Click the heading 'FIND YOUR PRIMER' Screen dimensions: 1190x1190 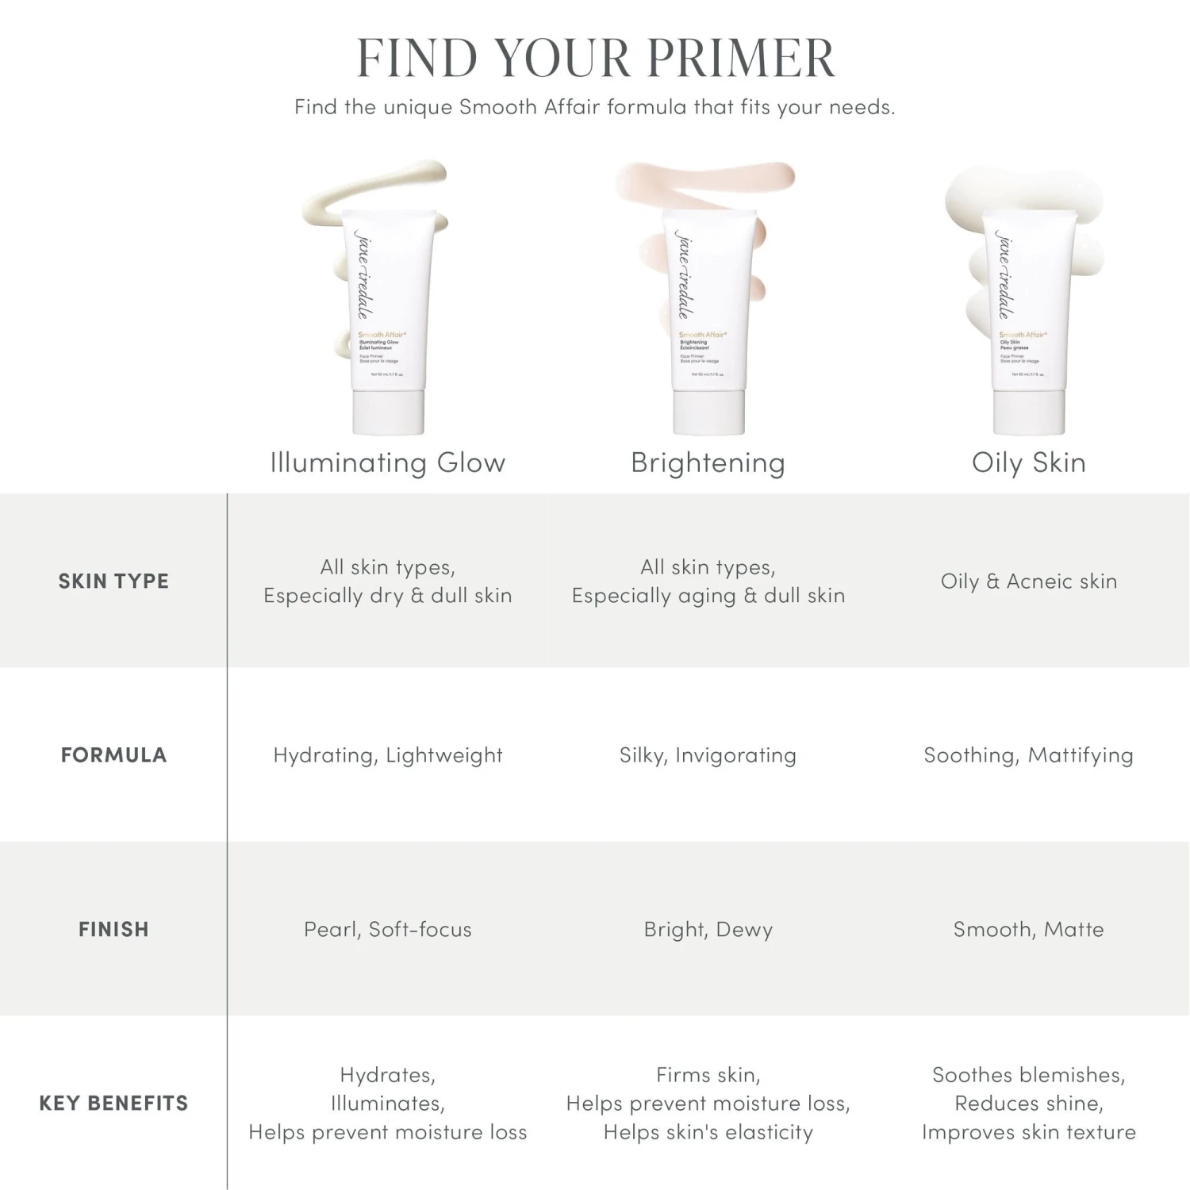(x=595, y=58)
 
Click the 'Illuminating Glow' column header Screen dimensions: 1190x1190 (x=388, y=463)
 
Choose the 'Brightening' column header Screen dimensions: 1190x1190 (x=708, y=463)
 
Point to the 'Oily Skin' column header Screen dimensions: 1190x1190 (x=1028, y=463)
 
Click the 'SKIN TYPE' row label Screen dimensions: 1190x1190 (x=113, y=582)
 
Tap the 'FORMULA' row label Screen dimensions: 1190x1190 (x=113, y=755)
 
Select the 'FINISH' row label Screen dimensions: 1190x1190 (x=113, y=930)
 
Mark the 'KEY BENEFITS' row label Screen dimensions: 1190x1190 (x=113, y=1104)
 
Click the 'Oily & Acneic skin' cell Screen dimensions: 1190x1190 (x=1028, y=582)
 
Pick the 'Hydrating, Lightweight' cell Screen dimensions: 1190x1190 (x=388, y=755)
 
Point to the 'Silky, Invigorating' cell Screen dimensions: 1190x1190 (x=708, y=755)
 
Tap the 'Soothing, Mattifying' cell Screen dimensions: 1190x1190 (x=1028, y=755)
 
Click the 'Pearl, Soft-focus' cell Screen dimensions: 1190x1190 (x=388, y=930)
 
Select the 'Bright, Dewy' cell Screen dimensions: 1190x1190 (x=708, y=930)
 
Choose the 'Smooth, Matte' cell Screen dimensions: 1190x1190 (x=1028, y=930)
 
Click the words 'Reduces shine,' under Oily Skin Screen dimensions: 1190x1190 (x=1028, y=1104)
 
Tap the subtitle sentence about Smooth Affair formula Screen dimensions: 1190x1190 (x=595, y=107)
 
